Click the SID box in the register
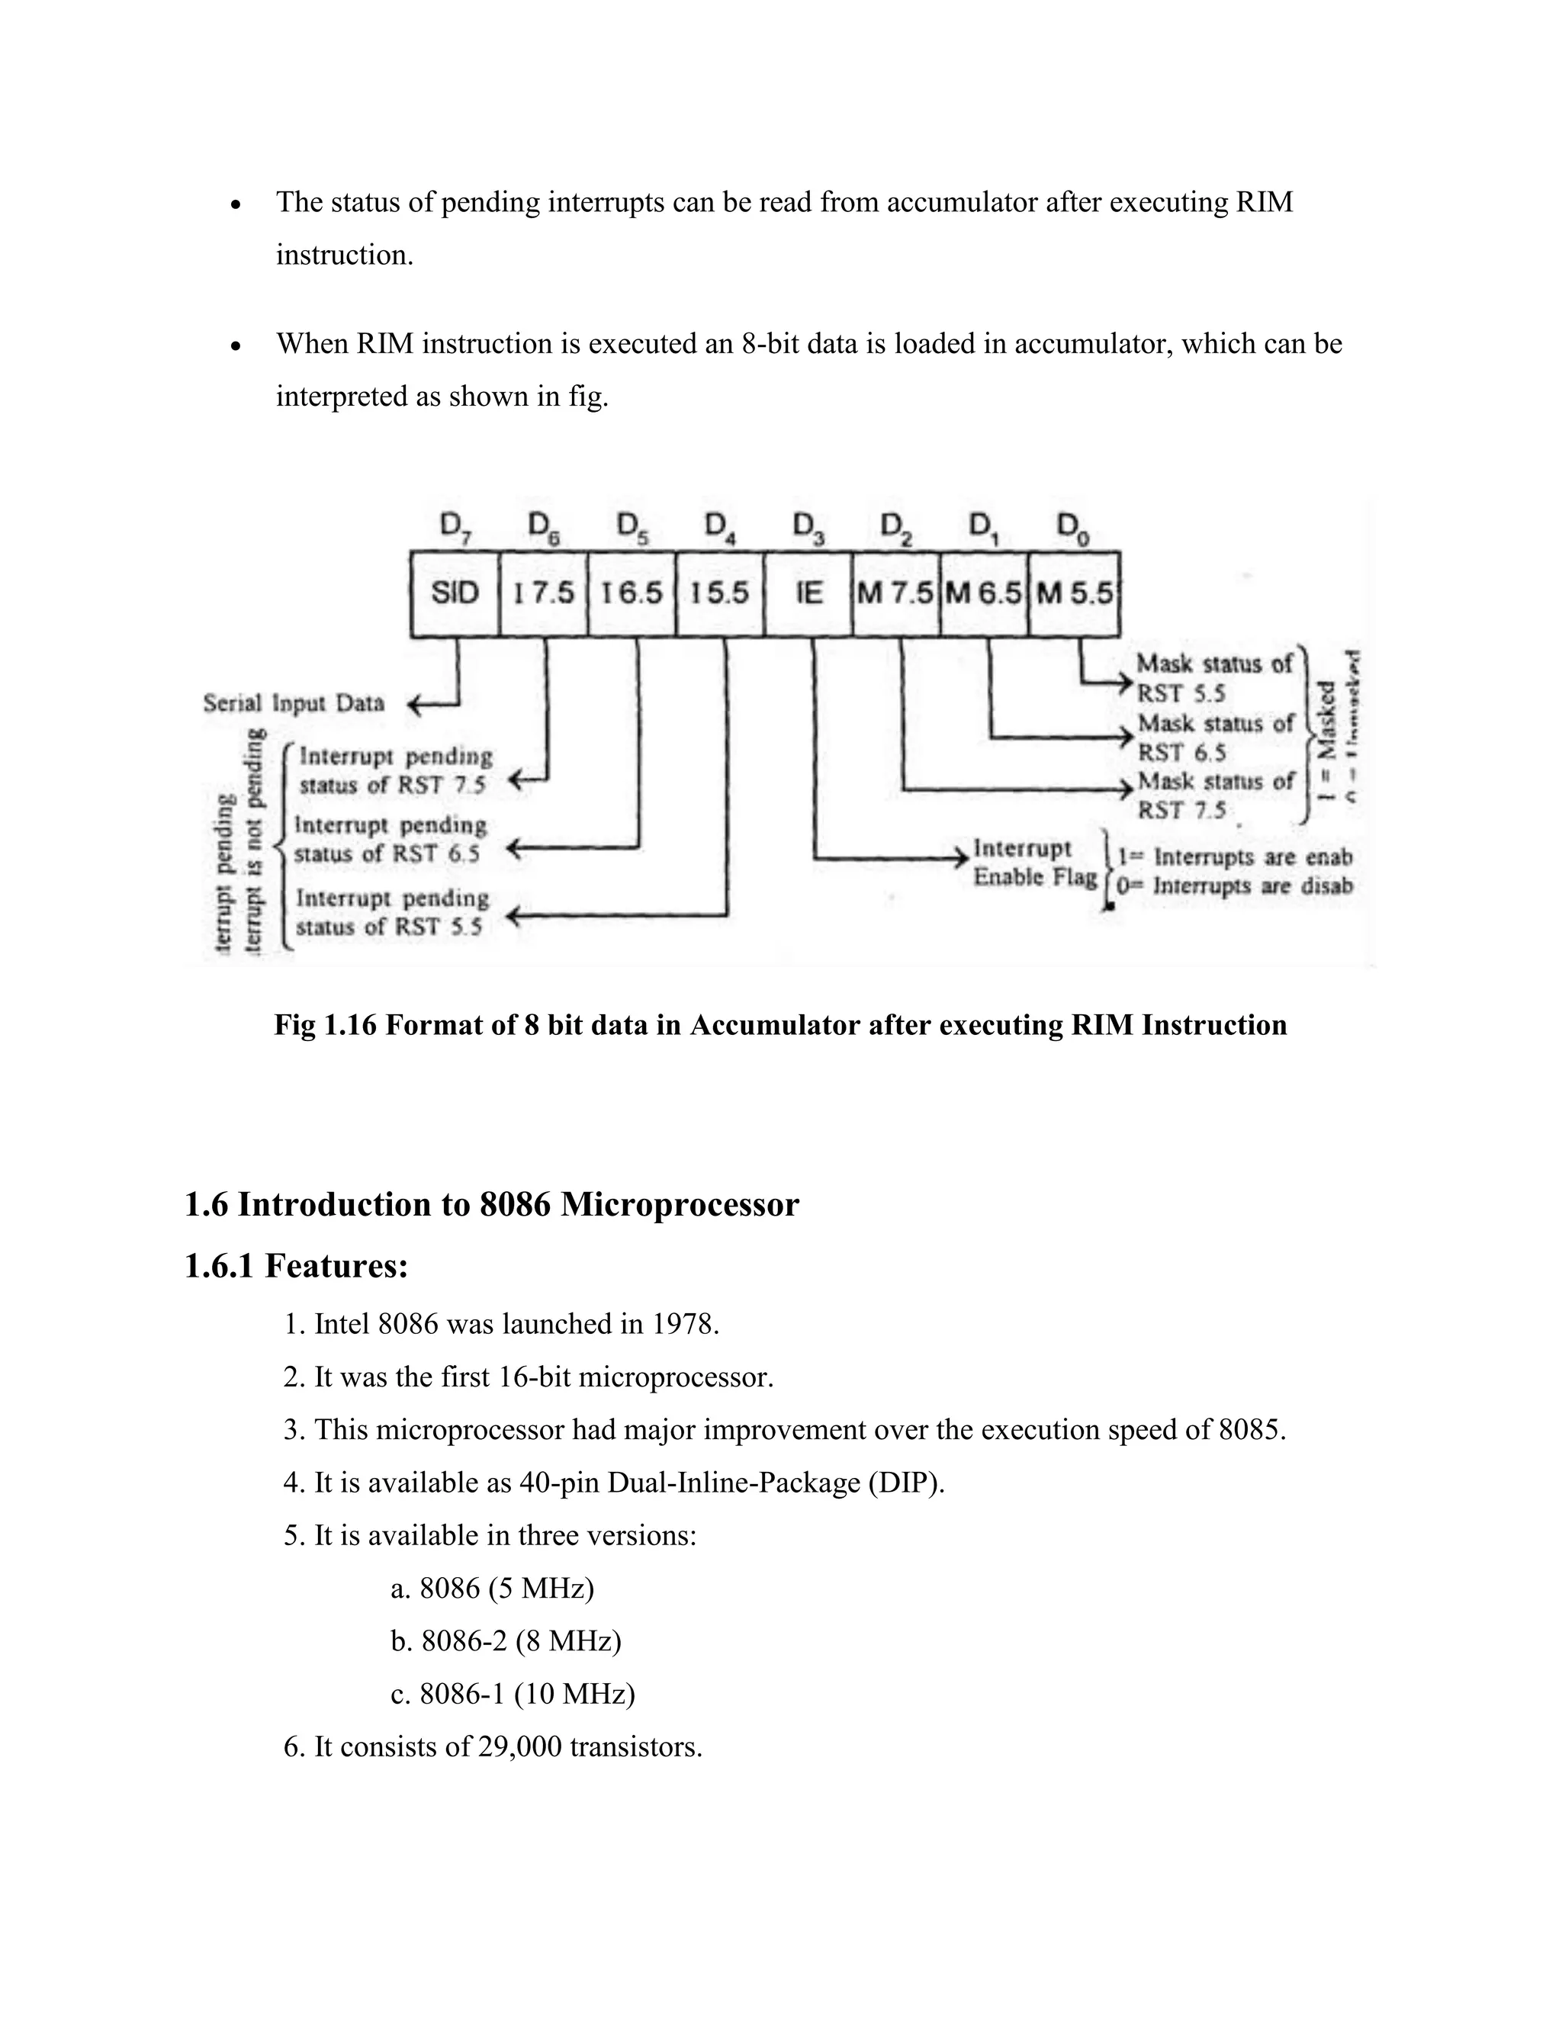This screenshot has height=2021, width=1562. pos(455,593)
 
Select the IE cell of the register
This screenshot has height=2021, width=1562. pos(808,593)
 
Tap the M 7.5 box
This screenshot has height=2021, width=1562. pos(895,593)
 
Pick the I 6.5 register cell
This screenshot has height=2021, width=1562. pos(632,593)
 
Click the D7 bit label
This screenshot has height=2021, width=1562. pos(452,528)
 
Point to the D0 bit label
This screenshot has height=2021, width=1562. pos(1072,529)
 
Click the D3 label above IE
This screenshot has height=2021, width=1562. pos(808,529)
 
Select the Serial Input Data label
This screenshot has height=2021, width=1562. pos(294,703)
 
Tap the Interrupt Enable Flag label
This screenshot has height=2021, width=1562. pos(1033,863)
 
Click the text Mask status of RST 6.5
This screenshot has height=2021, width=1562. pos(1214,737)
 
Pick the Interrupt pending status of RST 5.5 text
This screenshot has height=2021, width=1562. pos(391,912)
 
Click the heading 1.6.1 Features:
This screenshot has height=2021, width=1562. pos(296,1265)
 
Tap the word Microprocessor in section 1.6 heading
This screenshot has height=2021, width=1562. pos(680,1205)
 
